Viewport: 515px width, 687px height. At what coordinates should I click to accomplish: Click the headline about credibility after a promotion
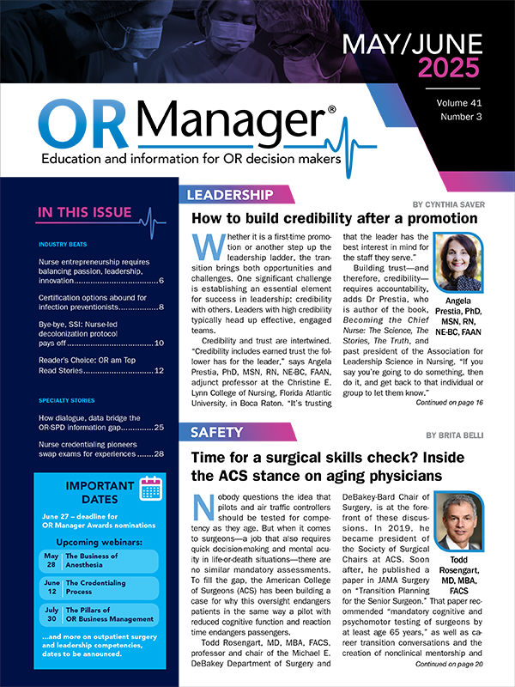(x=334, y=219)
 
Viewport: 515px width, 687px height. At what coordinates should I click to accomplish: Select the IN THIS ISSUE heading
(x=84, y=212)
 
